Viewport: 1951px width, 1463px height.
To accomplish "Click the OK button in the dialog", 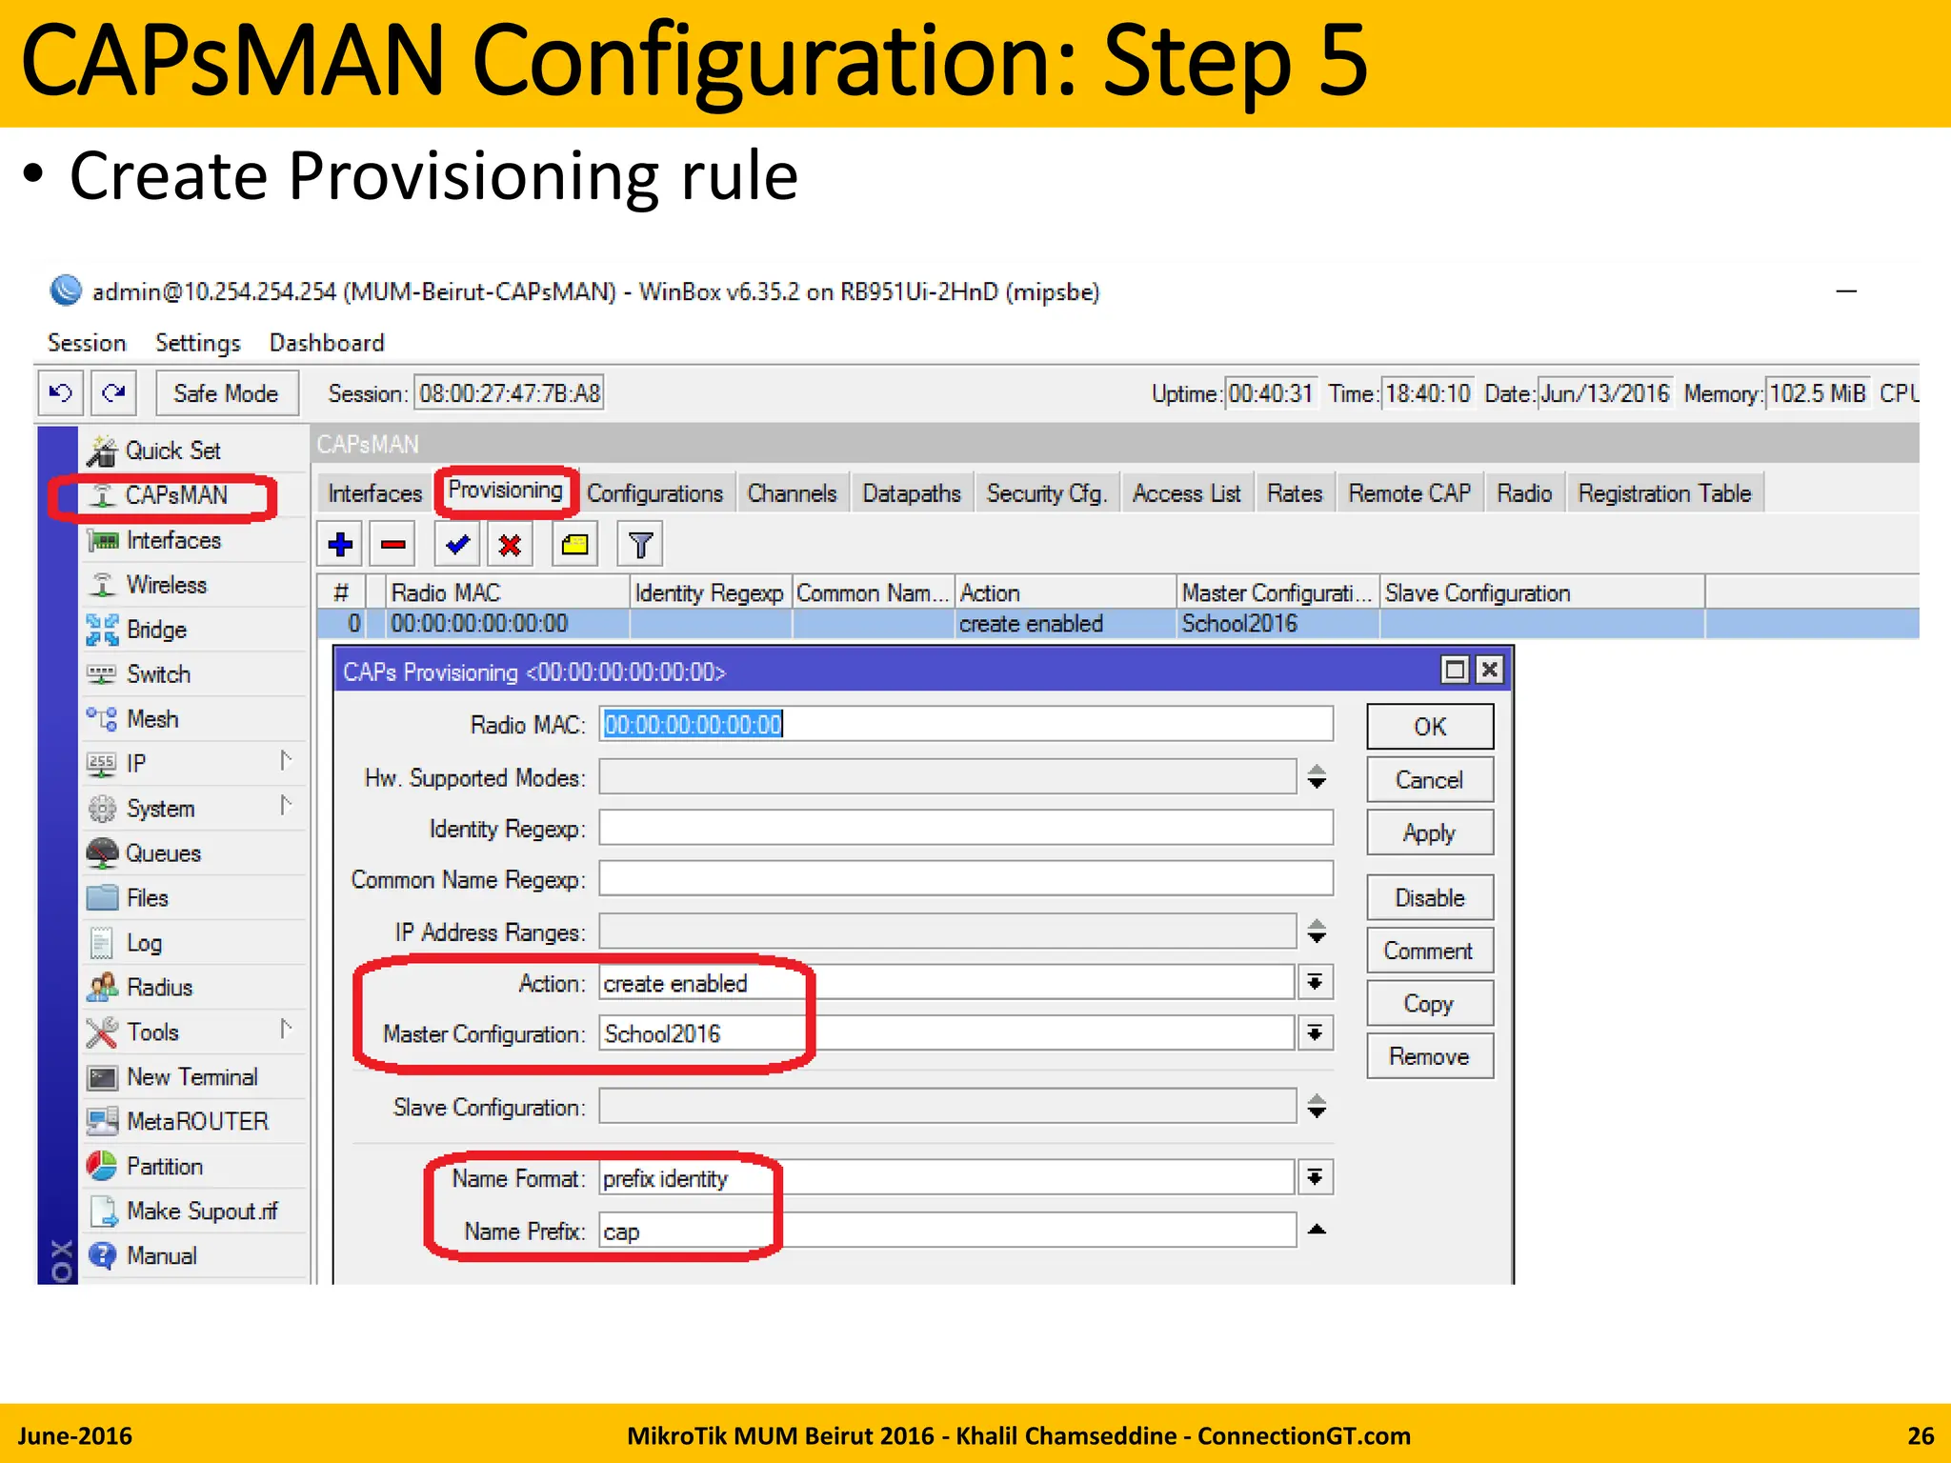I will [1429, 727].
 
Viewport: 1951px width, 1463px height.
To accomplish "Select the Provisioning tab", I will [505, 491].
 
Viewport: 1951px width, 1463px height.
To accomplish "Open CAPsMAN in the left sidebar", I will [176, 495].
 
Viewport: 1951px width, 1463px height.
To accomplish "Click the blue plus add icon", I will [340, 545].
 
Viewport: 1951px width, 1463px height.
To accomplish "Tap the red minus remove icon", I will [392, 545].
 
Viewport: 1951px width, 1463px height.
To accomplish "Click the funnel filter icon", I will [640, 545].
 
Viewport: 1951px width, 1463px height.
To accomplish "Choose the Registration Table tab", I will [1663, 493].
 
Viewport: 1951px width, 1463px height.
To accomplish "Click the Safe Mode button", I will [226, 393].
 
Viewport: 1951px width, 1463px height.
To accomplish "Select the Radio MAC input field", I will [964, 725].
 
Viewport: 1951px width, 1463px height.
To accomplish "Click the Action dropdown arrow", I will [1315, 983].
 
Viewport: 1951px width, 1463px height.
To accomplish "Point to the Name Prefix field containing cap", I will [947, 1232].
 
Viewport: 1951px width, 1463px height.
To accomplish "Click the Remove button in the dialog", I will [1429, 1056].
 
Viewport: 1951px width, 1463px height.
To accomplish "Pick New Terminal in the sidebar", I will [191, 1077].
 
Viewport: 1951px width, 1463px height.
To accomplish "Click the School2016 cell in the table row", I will [1239, 624].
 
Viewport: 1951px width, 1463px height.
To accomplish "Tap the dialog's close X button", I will [1489, 671].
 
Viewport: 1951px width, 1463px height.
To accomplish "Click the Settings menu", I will [197, 343].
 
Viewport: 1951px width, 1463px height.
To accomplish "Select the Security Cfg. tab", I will [1046, 493].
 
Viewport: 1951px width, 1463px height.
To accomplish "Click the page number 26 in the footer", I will [1920, 1435].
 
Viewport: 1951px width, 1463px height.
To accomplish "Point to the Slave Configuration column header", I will [1477, 593].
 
